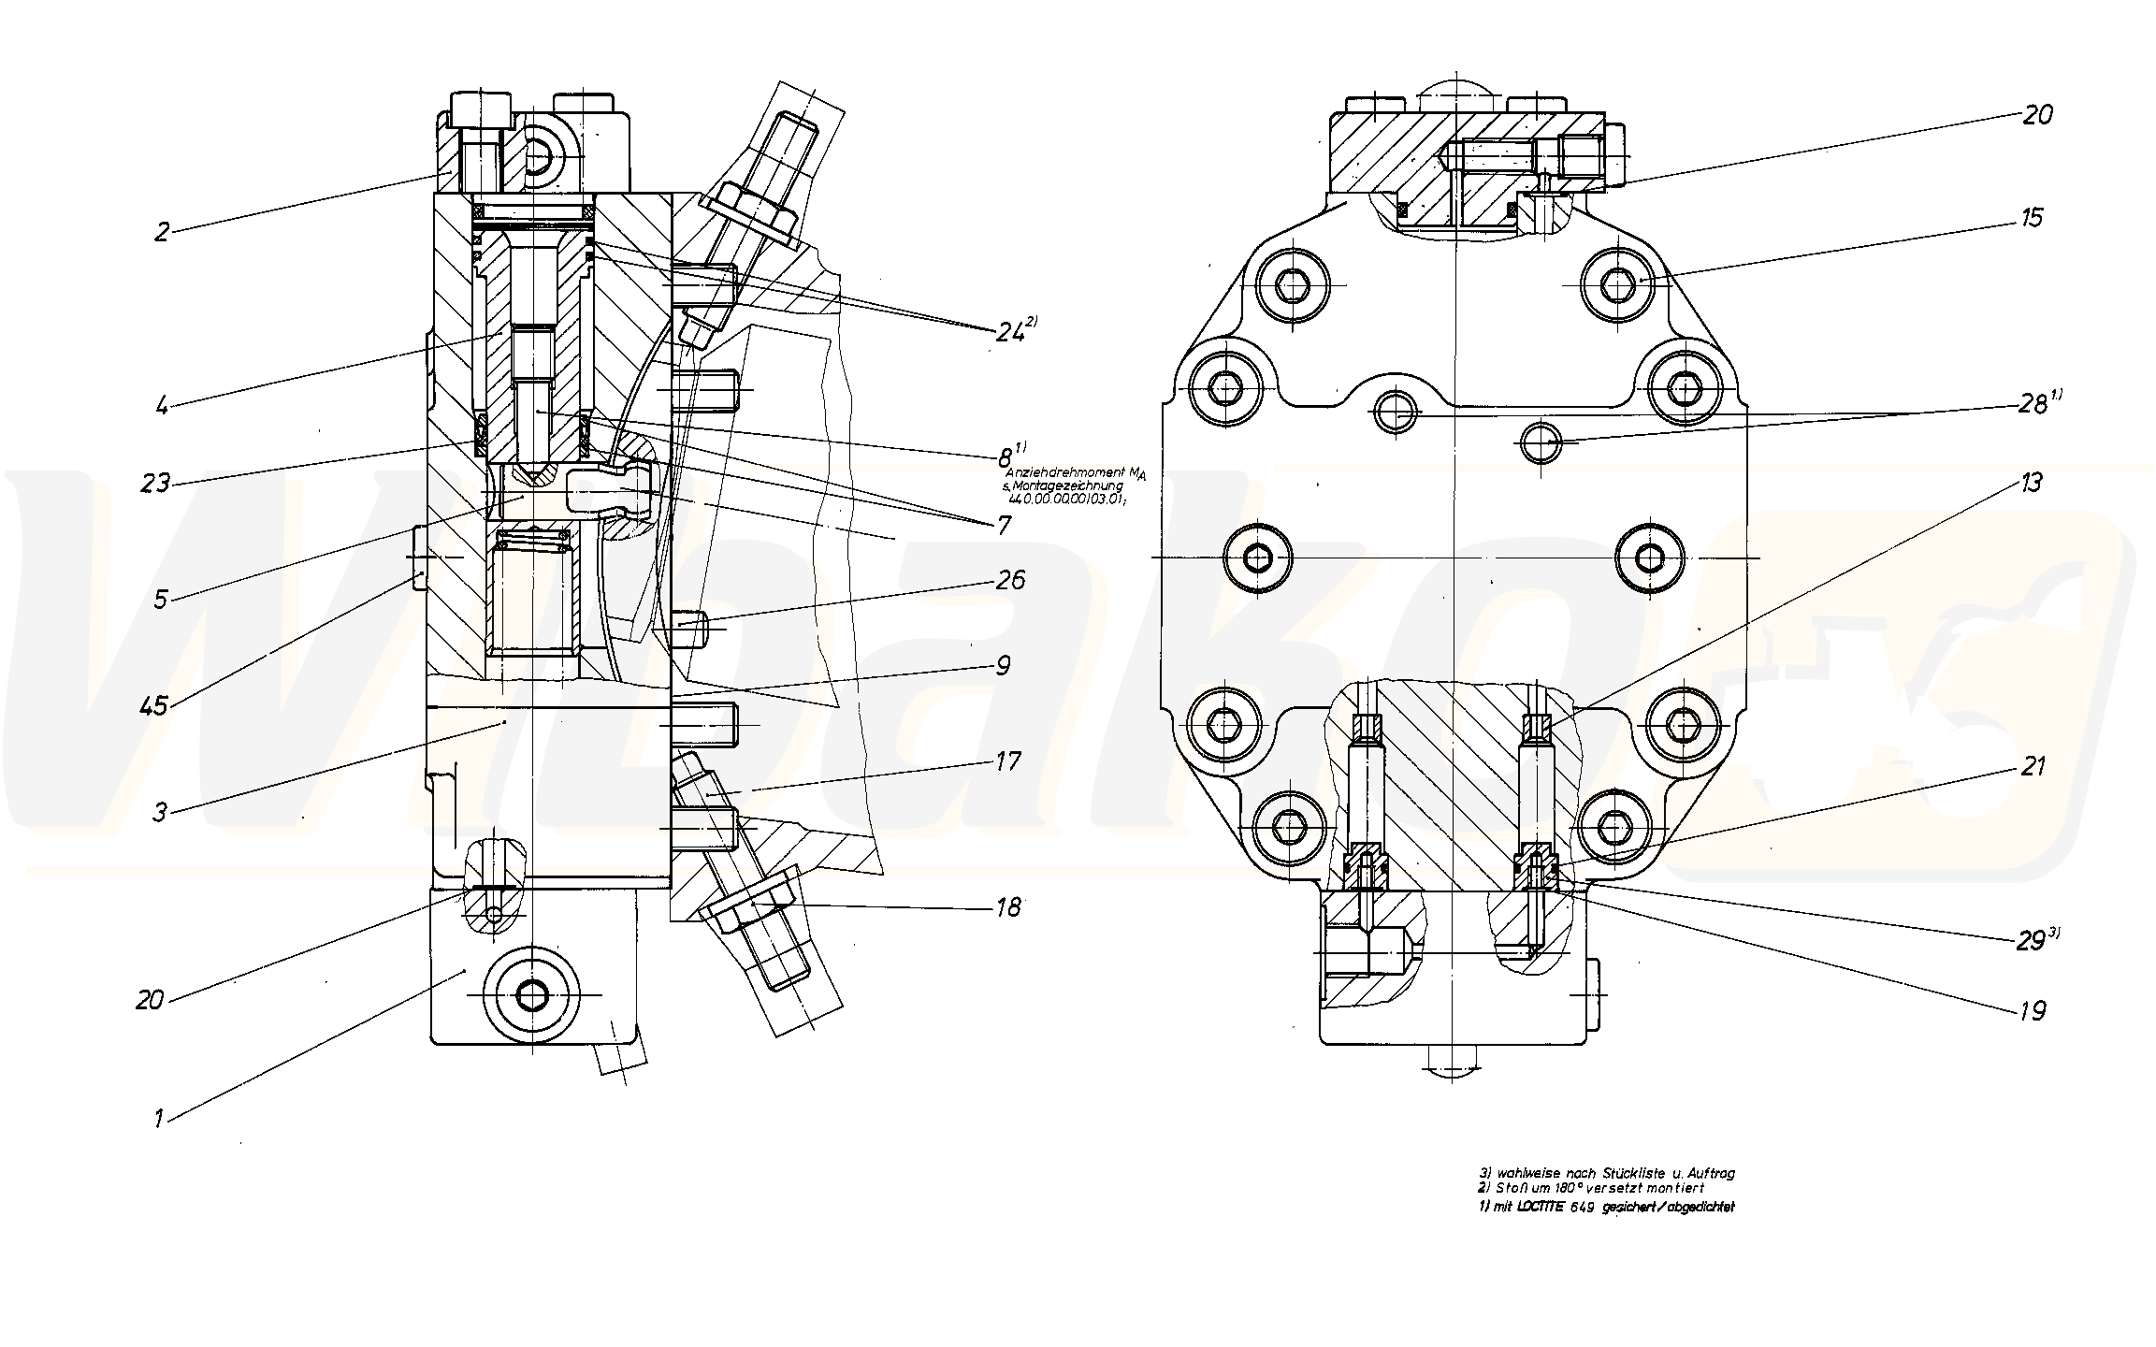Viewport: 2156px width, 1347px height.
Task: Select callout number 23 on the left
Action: (x=156, y=483)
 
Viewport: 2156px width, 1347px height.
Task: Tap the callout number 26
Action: (x=1010, y=580)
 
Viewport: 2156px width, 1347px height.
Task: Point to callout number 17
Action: (x=1007, y=761)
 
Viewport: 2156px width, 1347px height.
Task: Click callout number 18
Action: (x=1008, y=907)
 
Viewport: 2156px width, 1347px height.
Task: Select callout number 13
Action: (x=2031, y=483)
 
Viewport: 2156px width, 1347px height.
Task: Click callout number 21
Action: (x=2033, y=767)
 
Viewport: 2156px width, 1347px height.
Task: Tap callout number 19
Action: (x=2033, y=1010)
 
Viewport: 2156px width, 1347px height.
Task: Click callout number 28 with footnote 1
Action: (x=2032, y=404)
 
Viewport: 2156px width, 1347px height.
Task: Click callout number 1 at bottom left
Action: (x=159, y=1118)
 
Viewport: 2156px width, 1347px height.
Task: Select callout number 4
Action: (x=162, y=407)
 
